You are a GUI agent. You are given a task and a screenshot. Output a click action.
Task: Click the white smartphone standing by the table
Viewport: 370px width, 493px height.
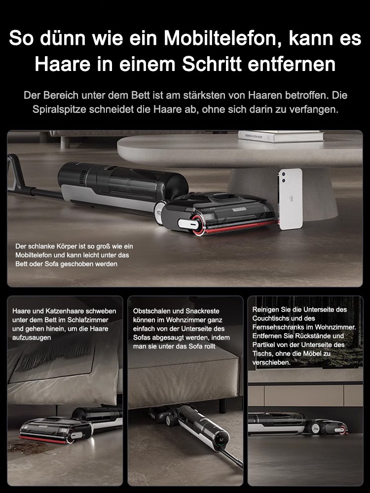tap(290, 199)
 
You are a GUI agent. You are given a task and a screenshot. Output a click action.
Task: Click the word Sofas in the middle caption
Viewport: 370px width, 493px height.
tap(143, 337)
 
